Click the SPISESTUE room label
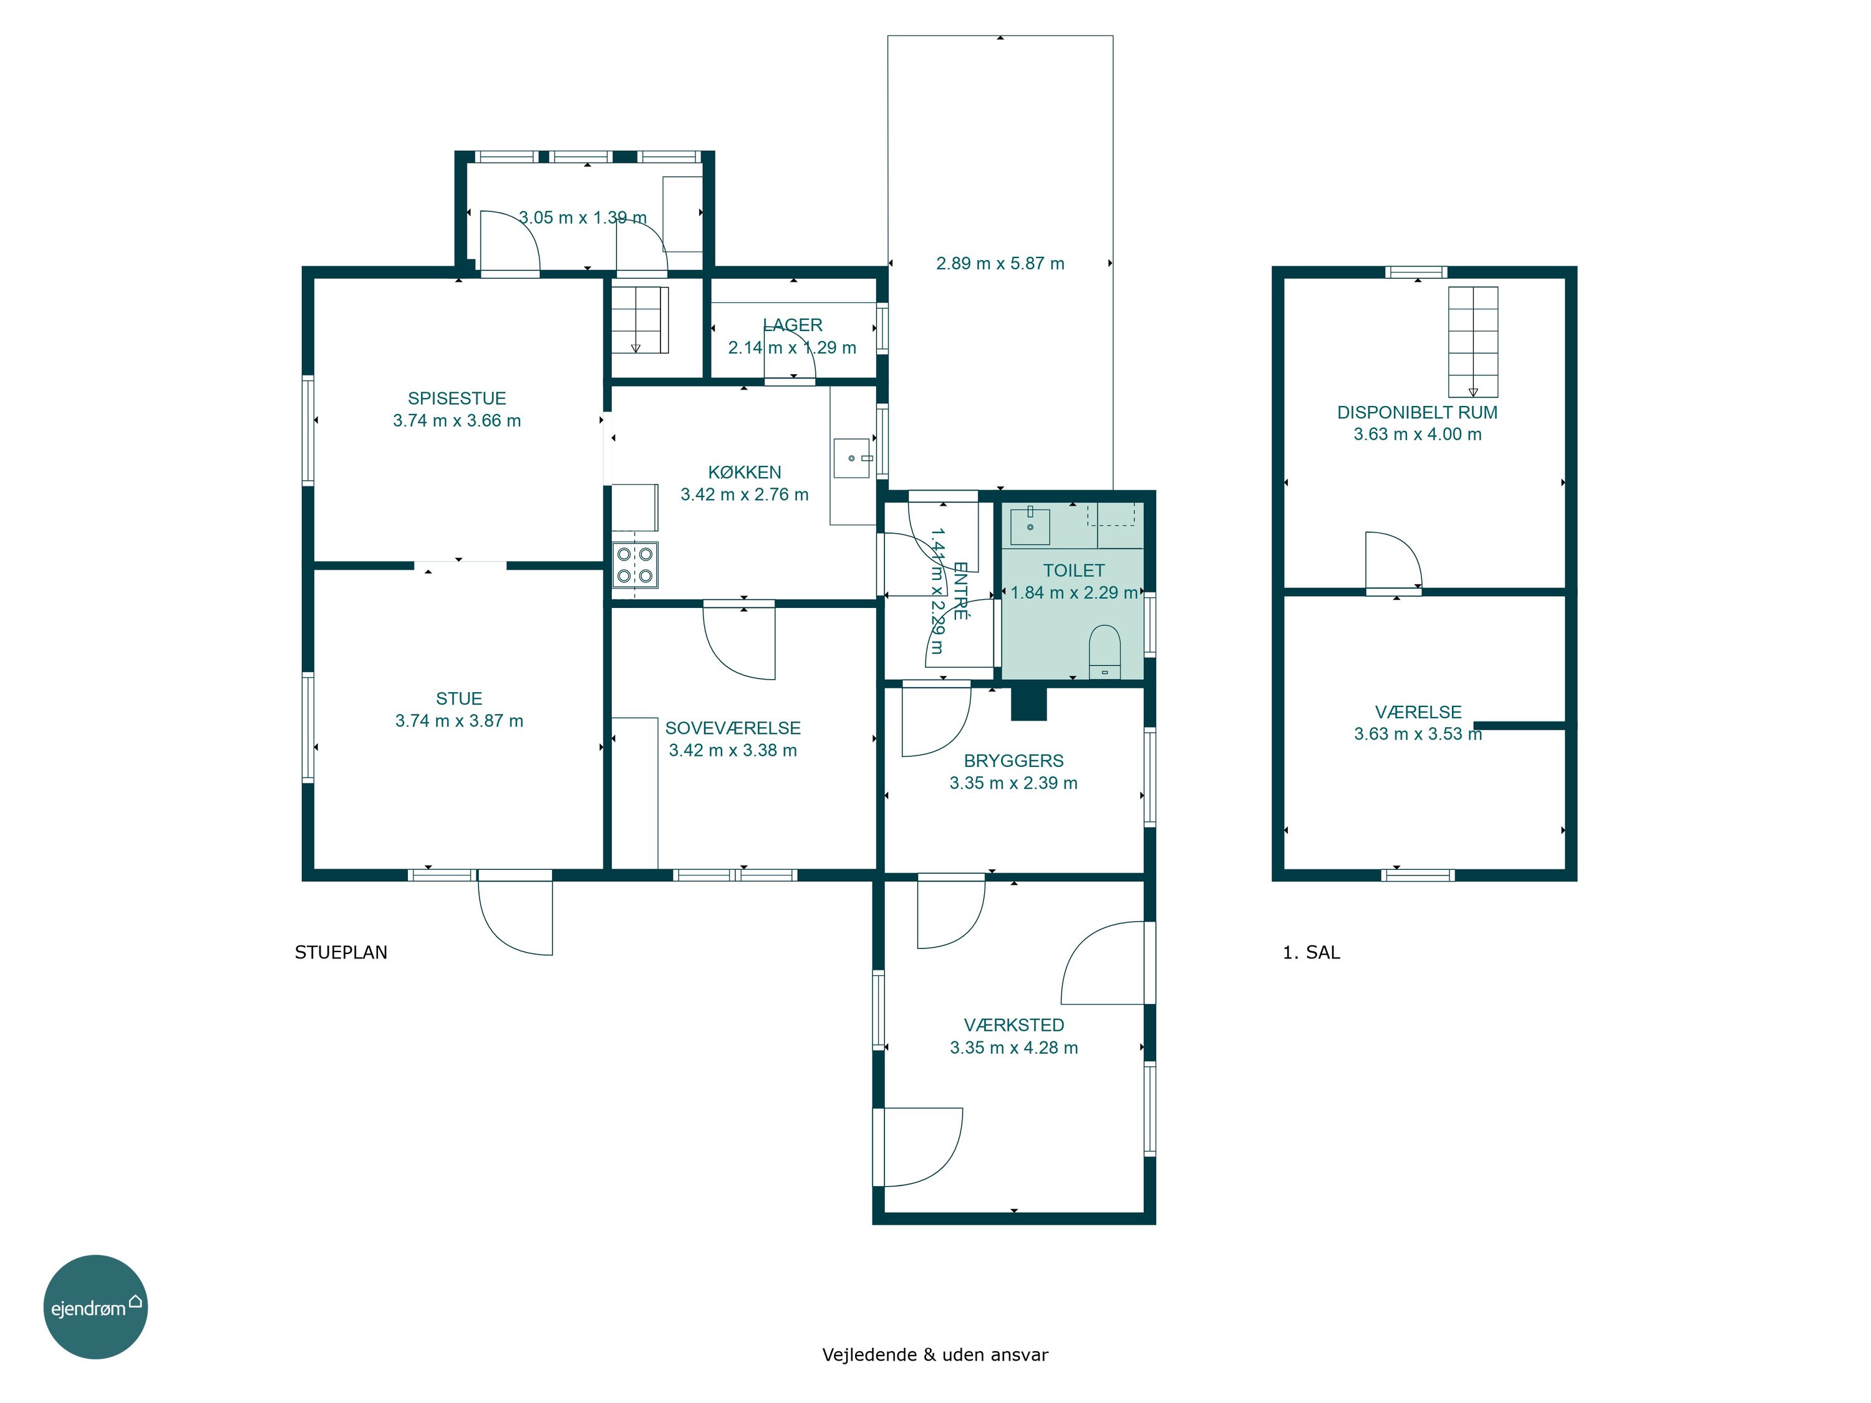(457, 398)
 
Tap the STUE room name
(459, 698)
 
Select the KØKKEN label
(744, 472)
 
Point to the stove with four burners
(636, 565)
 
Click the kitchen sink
(853, 458)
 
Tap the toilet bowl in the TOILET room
(1104, 652)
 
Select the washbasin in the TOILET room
(1030, 525)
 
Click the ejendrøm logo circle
(95, 1306)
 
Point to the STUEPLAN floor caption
(341, 952)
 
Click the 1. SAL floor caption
(1311, 952)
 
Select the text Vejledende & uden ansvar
(935, 1355)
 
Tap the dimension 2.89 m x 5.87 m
(1000, 263)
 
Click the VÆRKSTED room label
(1014, 1025)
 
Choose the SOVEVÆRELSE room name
(733, 728)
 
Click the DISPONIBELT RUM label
(1417, 413)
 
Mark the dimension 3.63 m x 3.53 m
(1418, 734)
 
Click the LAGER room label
(793, 325)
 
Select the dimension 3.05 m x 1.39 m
(583, 218)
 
